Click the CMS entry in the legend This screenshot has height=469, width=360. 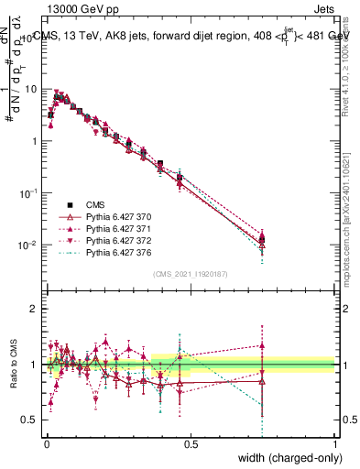96,204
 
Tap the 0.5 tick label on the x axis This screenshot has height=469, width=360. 191,444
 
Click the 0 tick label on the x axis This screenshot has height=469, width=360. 46,444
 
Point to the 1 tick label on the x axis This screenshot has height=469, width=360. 335,444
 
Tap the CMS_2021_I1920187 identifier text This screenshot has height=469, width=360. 191,274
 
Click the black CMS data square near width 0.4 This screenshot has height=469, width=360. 160,164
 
